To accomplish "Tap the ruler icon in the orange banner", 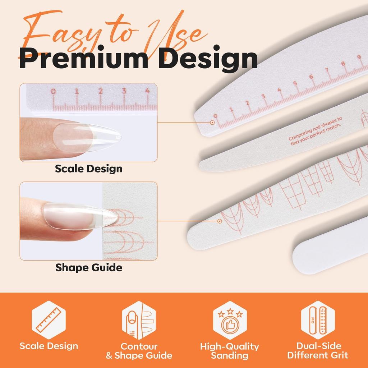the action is pos(49,320).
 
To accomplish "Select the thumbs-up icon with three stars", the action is pos(230,320).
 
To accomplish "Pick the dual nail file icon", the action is pos(318,320).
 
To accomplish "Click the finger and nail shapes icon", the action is pos(139,320).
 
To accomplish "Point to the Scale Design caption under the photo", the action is pos(88,169).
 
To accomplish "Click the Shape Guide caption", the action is pos(89,267).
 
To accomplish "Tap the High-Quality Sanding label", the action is pos(230,351).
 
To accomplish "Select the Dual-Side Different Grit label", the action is pos(318,350).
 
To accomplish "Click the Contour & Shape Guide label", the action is pos(139,351).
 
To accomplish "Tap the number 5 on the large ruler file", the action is pos(295,83).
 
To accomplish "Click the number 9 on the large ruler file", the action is pos(359,57).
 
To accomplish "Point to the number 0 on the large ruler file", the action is pos(216,116).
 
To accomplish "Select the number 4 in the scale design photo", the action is pos(147,90).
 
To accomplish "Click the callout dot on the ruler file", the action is pos(212,122).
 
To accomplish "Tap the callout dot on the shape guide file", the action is pos(220,221).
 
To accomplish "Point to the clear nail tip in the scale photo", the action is pos(87,138).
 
